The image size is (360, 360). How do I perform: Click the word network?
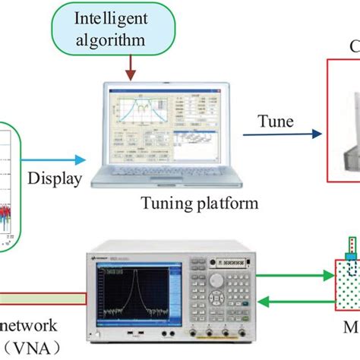[29, 328]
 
